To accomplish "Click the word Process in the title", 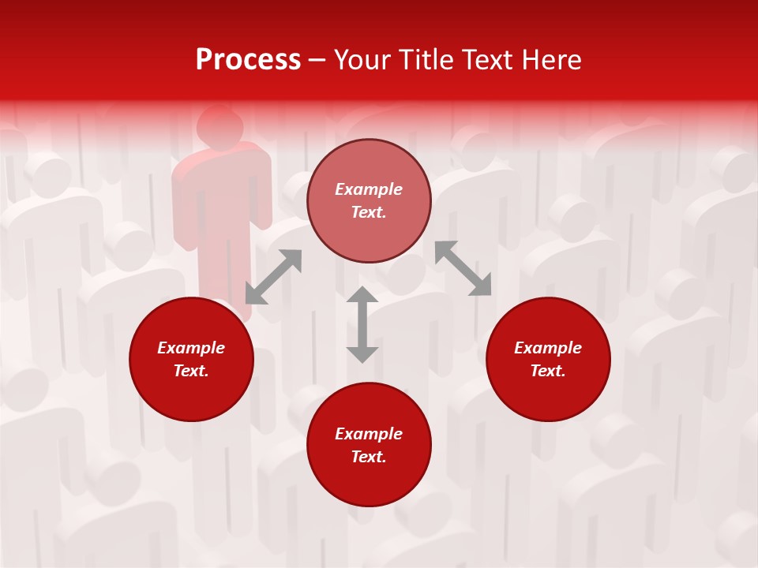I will tap(248, 60).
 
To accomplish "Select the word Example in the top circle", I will tap(369, 189).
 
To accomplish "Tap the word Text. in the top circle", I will tap(369, 212).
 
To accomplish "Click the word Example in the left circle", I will tap(191, 348).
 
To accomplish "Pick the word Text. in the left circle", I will tap(191, 371).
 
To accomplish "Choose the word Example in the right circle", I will tap(548, 348).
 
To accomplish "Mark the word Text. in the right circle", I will tap(548, 371).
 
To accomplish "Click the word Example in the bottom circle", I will tap(369, 434).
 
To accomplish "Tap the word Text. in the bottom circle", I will tap(369, 457).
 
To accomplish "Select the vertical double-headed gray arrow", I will tap(362, 324).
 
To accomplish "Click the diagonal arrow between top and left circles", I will tap(273, 277).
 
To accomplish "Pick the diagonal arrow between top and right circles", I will tap(463, 269).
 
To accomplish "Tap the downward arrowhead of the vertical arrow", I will tap(362, 354).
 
